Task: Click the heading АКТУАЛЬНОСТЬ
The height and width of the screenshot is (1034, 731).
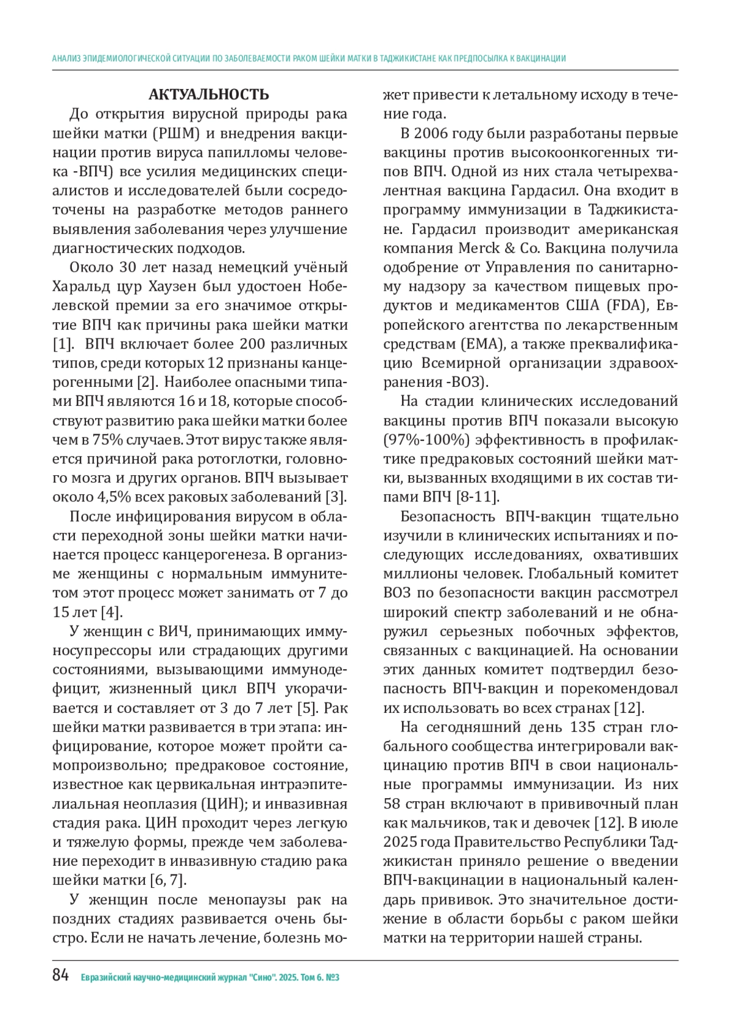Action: pyautogui.click(x=208, y=95)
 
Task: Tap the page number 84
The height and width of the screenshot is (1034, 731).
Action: pyautogui.click(x=61, y=976)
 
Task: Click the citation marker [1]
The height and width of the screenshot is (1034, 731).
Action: pyautogui.click(x=63, y=344)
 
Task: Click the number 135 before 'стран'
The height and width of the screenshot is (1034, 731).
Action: pyautogui.click(x=583, y=728)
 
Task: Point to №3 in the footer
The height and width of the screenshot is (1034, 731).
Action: pyautogui.click(x=333, y=978)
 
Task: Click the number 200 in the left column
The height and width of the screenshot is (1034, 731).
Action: pyautogui.click(x=252, y=344)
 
